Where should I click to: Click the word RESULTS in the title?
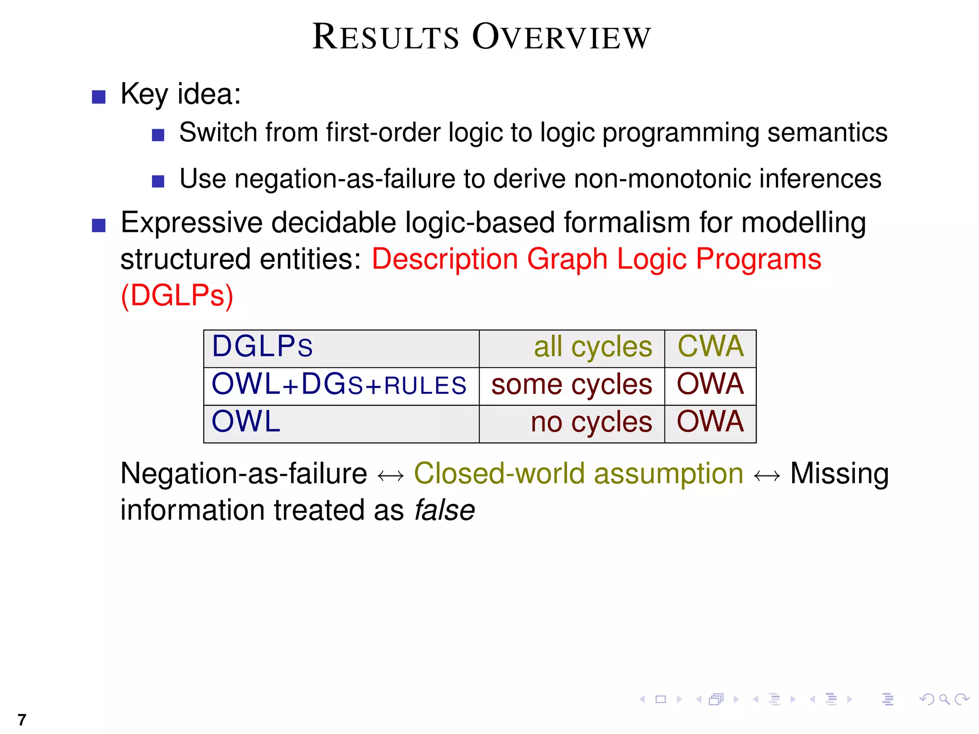point(385,37)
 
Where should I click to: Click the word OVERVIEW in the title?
point(561,37)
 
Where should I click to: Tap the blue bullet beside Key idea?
point(98,97)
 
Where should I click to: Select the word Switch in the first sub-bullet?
point(218,133)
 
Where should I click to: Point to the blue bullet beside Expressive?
point(98,225)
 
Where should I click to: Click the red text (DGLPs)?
point(177,296)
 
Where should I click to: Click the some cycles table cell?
point(571,385)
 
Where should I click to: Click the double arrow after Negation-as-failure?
point(391,476)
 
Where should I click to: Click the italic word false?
point(445,511)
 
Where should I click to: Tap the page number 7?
point(22,719)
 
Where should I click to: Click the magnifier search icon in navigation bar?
point(944,700)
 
